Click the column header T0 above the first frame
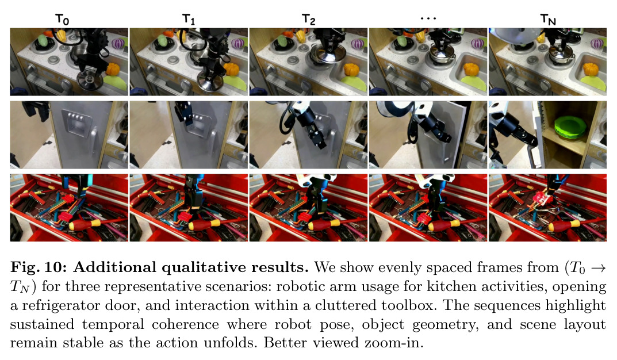(x=62, y=20)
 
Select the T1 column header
(x=189, y=20)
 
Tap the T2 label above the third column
(x=308, y=20)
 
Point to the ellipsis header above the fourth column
(x=428, y=18)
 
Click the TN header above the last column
(x=548, y=20)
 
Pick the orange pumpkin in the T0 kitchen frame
(x=113, y=70)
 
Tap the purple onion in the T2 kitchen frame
(x=357, y=44)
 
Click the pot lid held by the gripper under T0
(x=90, y=81)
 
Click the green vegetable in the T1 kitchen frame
(x=162, y=40)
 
